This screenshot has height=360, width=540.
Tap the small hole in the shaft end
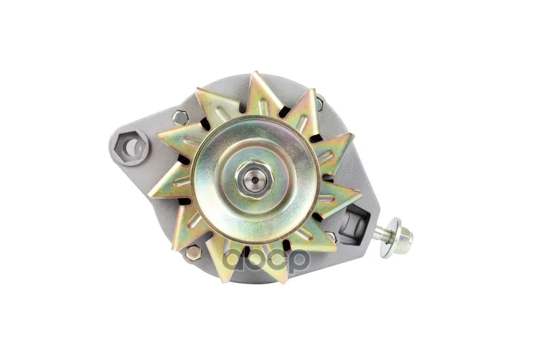tap(254, 180)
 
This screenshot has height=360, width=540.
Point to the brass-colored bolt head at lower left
tap(193, 253)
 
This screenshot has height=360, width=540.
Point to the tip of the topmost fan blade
tap(254, 72)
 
